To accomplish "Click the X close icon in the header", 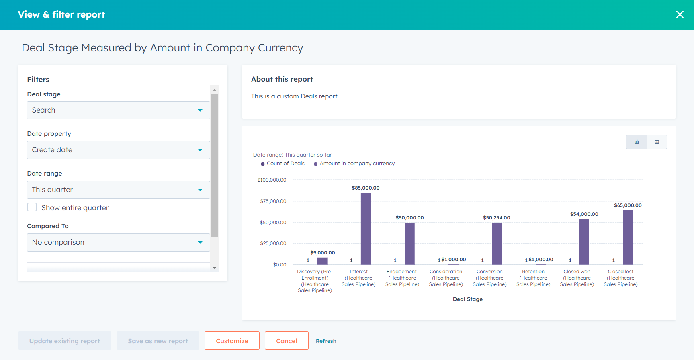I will [x=680, y=14].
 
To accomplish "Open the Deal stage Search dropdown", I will [x=118, y=110].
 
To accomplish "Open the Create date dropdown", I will [x=118, y=150].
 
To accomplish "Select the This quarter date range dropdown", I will [x=118, y=190].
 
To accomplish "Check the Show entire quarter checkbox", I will [x=32, y=207].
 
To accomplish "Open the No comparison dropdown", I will [x=118, y=242].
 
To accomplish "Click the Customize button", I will [x=232, y=341].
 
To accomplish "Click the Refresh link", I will [x=326, y=341].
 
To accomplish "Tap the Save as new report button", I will [x=158, y=341].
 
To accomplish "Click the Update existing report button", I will [x=65, y=341].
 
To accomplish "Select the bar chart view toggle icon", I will [x=637, y=142].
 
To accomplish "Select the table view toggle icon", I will [x=657, y=142].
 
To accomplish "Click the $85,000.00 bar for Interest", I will [x=366, y=229].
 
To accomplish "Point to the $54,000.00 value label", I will [x=584, y=214].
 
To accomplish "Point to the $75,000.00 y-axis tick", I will [x=273, y=201].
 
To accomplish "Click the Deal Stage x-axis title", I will [x=467, y=299].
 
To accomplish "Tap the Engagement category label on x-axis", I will [x=402, y=278].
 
